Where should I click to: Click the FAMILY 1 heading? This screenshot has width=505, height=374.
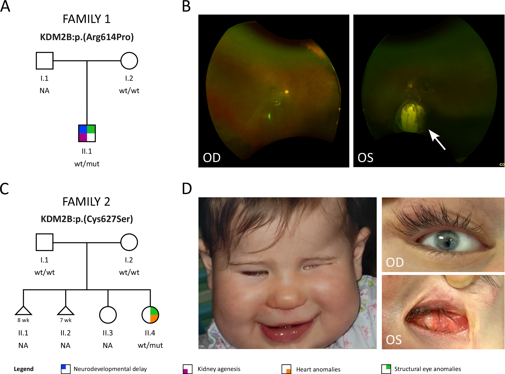pos(86,19)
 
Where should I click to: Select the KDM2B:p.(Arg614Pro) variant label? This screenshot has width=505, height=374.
pos(87,37)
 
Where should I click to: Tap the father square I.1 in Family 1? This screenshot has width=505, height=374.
pos(44,61)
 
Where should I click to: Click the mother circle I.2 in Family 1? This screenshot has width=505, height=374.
pos(129,61)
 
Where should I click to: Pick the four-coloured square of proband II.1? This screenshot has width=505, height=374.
pos(87,133)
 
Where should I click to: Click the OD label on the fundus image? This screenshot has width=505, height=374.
pos(212,158)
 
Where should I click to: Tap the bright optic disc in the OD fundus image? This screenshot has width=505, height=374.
pos(287,92)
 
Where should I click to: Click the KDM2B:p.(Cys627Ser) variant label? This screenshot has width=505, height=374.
pos(87,219)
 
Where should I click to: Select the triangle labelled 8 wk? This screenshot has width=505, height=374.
pos(23,311)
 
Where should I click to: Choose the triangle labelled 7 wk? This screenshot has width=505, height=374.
pos(66,311)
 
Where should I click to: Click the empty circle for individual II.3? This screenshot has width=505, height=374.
pos(108,315)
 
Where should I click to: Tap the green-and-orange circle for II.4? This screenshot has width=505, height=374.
pos(150,315)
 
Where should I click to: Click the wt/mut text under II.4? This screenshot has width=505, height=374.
pos(150,345)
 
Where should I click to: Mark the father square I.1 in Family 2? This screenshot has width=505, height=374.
pos(44,242)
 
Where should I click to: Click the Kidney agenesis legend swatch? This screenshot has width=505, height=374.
pos(188,369)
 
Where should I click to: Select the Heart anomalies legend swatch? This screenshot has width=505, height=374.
pos(286,369)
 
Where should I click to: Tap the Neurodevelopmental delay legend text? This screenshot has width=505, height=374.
pos(110,369)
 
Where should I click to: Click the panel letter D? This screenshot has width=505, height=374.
pos(187,189)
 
